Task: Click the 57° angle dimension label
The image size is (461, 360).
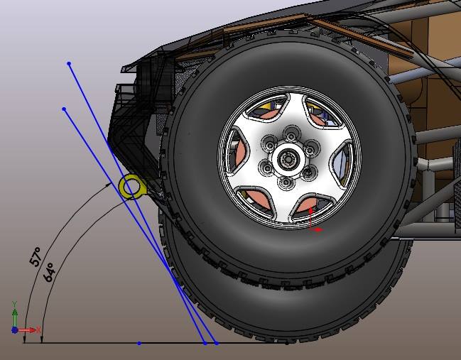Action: coord(36,257)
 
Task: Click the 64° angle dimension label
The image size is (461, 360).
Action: coord(49,272)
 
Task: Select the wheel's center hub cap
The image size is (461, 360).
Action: coord(288,159)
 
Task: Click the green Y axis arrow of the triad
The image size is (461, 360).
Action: coord(14,315)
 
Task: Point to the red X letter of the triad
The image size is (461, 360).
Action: coord(38,329)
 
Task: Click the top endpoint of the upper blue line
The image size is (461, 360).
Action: coord(69,63)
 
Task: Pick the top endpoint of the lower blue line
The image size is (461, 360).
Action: coord(64,109)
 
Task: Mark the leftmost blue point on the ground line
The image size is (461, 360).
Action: coord(139,343)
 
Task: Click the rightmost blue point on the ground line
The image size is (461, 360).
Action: coord(217,343)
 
